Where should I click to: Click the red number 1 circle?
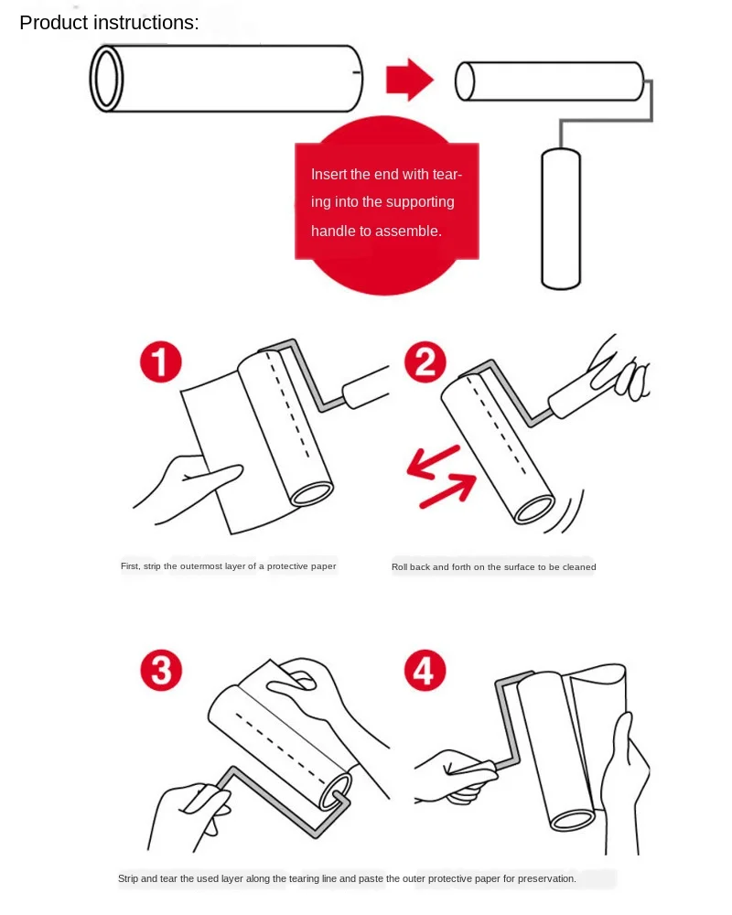[x=161, y=363]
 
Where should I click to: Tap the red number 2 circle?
[x=425, y=363]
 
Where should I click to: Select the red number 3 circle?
[x=161, y=671]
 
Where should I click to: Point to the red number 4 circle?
[x=425, y=671]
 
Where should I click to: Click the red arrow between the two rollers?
[x=409, y=80]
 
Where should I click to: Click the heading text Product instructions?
[x=109, y=23]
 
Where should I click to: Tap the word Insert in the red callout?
[x=329, y=174]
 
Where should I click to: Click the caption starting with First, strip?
[x=228, y=566]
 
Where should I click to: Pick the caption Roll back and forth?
[x=493, y=567]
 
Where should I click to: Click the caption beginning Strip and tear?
[x=347, y=878]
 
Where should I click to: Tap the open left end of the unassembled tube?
[x=107, y=80]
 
